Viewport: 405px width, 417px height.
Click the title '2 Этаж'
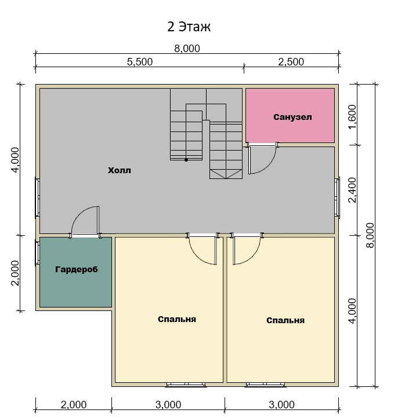tap(189, 27)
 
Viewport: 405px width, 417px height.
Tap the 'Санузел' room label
tap(292, 117)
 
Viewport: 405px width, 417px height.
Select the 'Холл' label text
tap(120, 170)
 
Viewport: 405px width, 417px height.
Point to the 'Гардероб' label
tap(77, 269)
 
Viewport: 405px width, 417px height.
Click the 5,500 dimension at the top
tap(140, 62)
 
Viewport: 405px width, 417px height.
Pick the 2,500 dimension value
tap(291, 62)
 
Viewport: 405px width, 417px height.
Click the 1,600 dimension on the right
tap(352, 116)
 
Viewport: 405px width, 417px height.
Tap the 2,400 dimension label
tap(352, 190)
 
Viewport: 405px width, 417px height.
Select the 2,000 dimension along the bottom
tap(74, 405)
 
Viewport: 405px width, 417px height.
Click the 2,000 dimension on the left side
tap(15, 273)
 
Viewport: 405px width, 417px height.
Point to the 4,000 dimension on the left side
tap(15, 160)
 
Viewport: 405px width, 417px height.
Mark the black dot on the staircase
tap(186, 160)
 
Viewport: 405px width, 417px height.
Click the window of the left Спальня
tap(186, 385)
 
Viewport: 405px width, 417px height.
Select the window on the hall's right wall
tap(337, 197)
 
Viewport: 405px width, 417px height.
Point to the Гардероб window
tap(37, 253)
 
